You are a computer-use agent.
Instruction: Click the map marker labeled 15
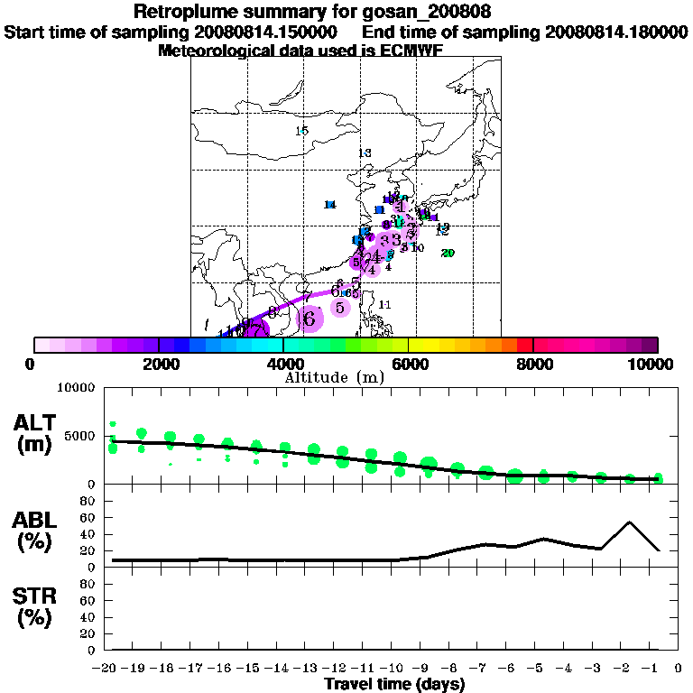pyautogui.click(x=302, y=132)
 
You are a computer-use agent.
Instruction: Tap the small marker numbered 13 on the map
pyautogui.click(x=365, y=153)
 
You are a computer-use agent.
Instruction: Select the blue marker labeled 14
pyautogui.click(x=330, y=205)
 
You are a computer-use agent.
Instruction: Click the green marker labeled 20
pyautogui.click(x=448, y=254)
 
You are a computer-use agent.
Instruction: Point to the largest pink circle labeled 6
pyautogui.click(x=310, y=319)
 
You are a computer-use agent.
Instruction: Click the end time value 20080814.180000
pyautogui.click(x=616, y=32)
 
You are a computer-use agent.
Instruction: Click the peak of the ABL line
pyautogui.click(x=629, y=522)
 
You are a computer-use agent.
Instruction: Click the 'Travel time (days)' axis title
pyautogui.click(x=394, y=685)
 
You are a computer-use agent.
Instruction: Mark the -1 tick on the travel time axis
pyautogui.click(x=658, y=668)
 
